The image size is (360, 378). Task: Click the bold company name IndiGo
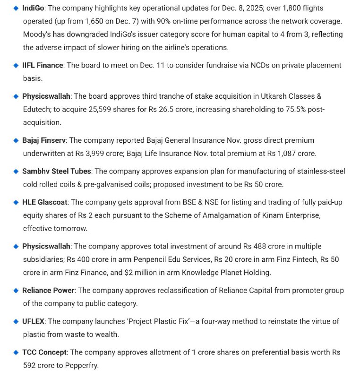34,9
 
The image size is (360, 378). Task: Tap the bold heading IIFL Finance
43,65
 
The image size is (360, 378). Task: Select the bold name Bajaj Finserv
44,140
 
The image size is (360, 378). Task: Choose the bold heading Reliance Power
48,290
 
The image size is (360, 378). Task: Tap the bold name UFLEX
34,321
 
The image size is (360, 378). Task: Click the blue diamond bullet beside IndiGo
16,9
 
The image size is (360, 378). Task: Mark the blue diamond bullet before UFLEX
16,321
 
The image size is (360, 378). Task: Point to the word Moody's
37,34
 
